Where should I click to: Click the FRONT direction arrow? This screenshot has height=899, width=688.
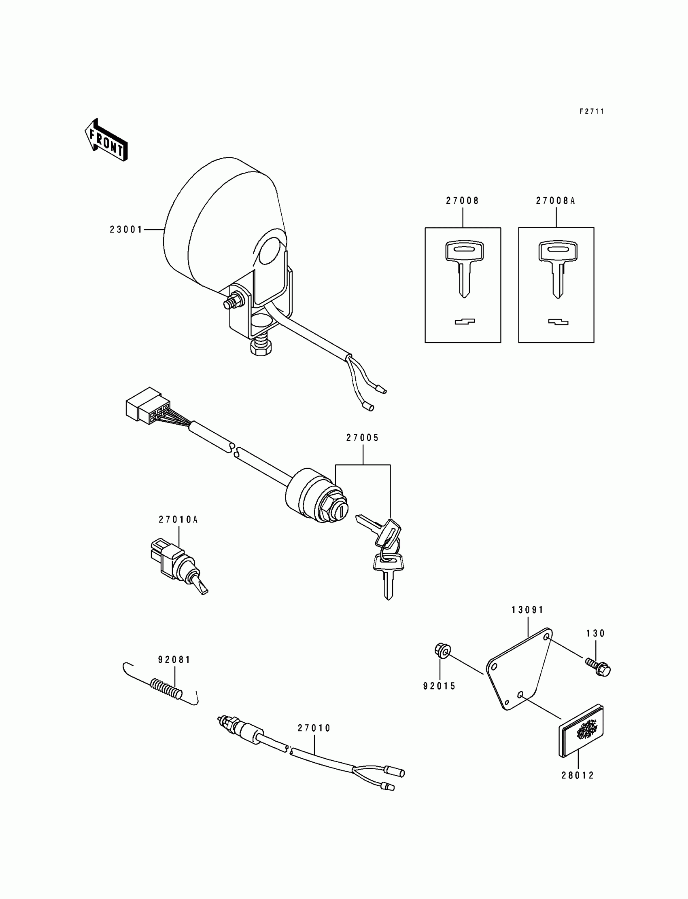pyautogui.click(x=106, y=140)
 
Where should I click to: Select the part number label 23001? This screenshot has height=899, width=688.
pyautogui.click(x=126, y=230)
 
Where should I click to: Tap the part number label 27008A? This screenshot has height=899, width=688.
pyautogui.click(x=556, y=201)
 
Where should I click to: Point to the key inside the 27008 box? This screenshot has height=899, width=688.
pyautogui.click(x=463, y=268)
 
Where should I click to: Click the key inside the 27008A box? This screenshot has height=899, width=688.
pyautogui.click(x=557, y=268)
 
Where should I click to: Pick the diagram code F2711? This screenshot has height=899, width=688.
pyautogui.click(x=592, y=111)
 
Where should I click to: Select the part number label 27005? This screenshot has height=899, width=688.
pyautogui.click(x=363, y=438)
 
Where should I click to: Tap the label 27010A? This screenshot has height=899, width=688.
pyautogui.click(x=178, y=520)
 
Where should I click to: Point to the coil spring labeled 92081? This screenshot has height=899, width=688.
pyautogui.click(x=166, y=688)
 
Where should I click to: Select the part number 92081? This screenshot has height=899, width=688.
pyautogui.click(x=174, y=660)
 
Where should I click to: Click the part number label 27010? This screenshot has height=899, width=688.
pyautogui.click(x=314, y=728)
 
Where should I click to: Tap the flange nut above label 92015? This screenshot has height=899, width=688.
pyautogui.click(x=442, y=651)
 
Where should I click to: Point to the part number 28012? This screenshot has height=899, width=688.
pyautogui.click(x=578, y=775)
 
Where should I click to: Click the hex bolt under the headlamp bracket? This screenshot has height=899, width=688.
pyautogui.click(x=259, y=347)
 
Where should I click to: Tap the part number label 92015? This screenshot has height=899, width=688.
pyautogui.click(x=440, y=686)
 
